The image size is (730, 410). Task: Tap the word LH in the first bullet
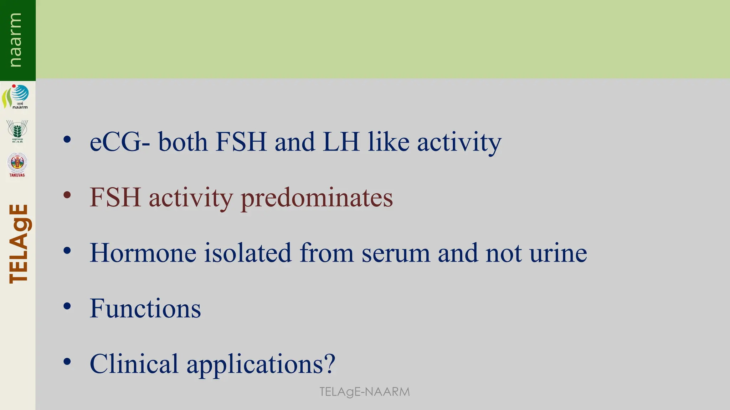pos(341,142)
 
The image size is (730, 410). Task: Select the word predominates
pos(317,198)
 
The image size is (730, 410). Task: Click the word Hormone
pos(143,253)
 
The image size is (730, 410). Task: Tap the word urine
pos(558,253)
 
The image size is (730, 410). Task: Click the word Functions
pos(145,309)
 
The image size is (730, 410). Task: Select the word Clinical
pos(134,364)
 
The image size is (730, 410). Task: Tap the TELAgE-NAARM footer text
pos(364,392)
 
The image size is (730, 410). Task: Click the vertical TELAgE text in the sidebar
pos(19,243)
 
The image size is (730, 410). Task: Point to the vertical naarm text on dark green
pos(16,40)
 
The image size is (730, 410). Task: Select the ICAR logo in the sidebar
pos(17,131)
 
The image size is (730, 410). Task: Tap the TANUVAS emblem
pos(17,164)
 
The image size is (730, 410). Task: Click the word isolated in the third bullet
pos(248,253)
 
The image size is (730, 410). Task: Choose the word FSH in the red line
pos(115,197)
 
